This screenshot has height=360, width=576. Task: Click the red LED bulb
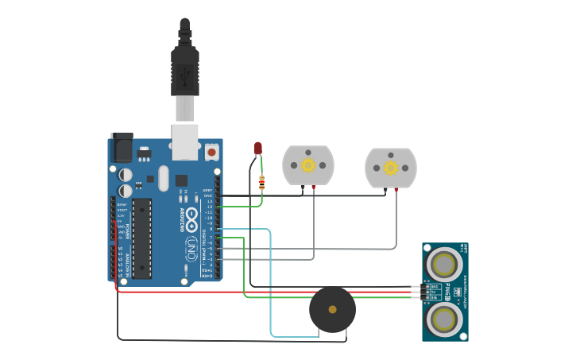[257, 148]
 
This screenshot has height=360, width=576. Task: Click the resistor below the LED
[262, 184]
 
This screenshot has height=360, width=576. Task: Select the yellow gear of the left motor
[308, 165]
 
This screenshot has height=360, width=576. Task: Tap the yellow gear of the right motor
[391, 168]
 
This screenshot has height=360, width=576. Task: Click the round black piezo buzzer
[332, 309]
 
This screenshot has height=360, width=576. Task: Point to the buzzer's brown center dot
[332, 309]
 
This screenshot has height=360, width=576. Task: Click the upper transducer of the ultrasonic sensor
[444, 264]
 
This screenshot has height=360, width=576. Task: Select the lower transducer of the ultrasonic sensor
[444, 319]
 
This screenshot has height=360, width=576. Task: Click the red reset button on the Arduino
[211, 151]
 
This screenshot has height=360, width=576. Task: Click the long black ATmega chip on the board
[141, 238]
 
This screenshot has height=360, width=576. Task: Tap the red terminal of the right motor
[396, 189]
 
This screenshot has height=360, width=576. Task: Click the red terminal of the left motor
[314, 188]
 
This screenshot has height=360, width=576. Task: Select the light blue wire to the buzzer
[270, 286]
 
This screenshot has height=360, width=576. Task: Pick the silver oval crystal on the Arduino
[164, 178]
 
